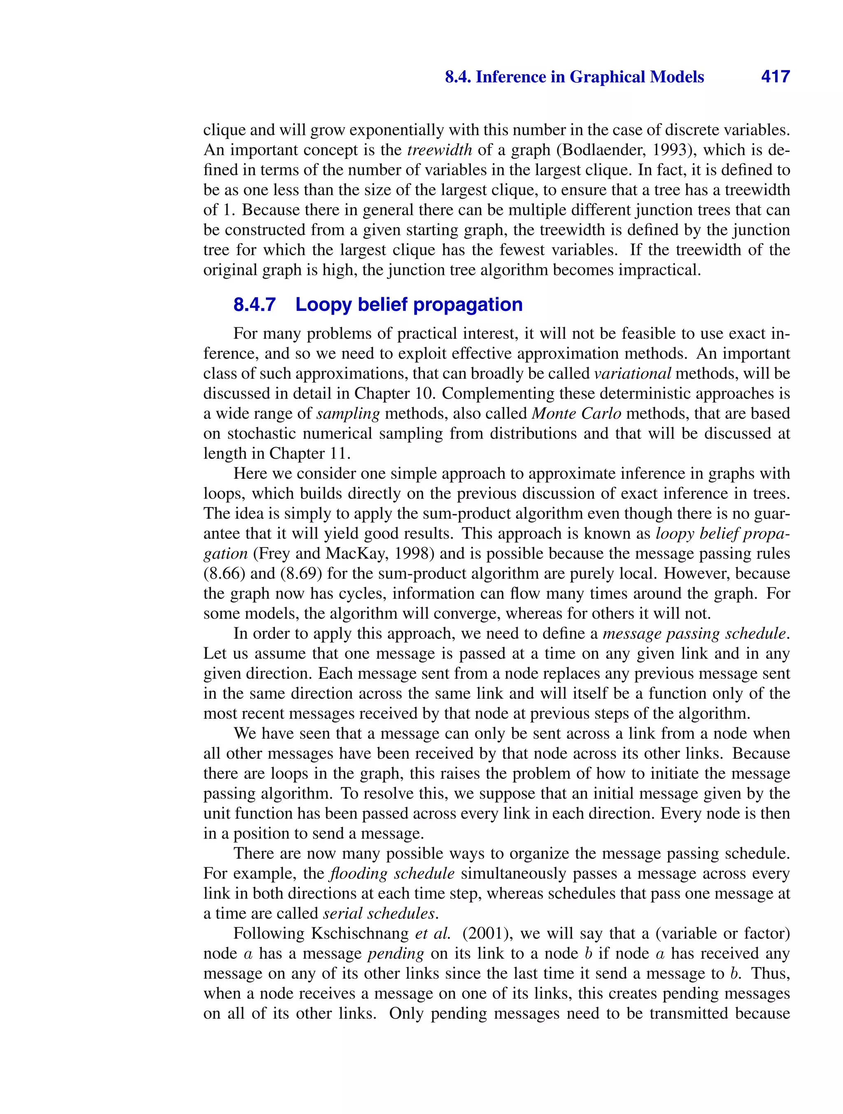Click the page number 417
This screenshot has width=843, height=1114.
click(x=775, y=77)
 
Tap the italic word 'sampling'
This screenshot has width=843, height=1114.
click(x=348, y=413)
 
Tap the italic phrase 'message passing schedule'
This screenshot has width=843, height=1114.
click(x=694, y=634)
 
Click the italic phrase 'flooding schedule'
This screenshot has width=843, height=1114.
click(x=391, y=874)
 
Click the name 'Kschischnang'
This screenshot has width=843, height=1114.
click(x=360, y=934)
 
